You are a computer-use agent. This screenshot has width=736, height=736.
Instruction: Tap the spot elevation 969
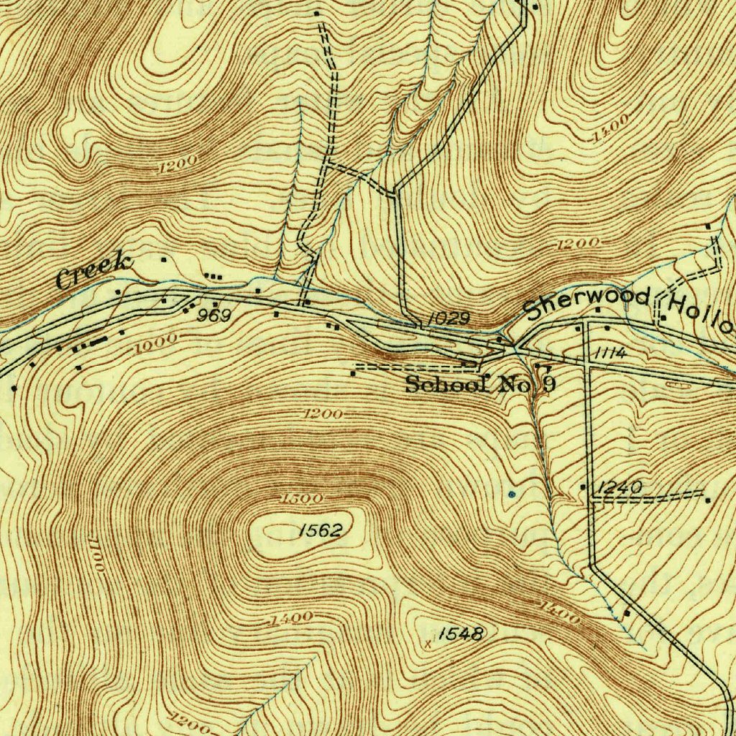click(x=214, y=316)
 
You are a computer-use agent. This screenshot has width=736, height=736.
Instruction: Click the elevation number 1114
click(x=610, y=354)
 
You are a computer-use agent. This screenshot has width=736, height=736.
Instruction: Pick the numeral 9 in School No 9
click(x=548, y=384)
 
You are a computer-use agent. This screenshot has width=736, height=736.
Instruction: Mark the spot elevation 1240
click(x=619, y=488)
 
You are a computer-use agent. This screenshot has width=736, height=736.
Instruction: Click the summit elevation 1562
click(x=320, y=530)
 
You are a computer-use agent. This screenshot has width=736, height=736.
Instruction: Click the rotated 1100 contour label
click(x=96, y=553)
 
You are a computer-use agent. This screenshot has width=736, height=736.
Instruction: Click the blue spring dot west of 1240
click(x=512, y=494)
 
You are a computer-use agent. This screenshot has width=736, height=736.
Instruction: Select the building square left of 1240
click(x=583, y=487)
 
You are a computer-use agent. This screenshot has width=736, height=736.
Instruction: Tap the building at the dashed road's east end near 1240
click(x=708, y=500)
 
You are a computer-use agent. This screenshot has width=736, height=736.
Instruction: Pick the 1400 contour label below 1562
click(x=290, y=618)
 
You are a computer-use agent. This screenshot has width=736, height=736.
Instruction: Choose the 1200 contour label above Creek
click(x=175, y=166)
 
